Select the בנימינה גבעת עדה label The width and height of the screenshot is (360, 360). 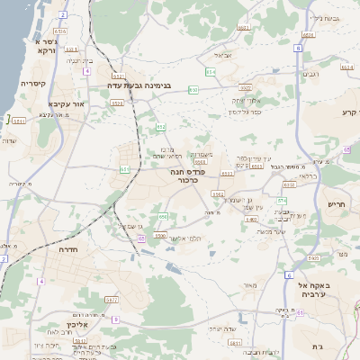click(x=152, y=87)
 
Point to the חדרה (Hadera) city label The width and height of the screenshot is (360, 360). click(x=65, y=249)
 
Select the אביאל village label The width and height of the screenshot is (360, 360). click(x=223, y=55)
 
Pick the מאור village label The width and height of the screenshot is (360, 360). click(x=249, y=285)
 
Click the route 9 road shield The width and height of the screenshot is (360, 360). click(x=115, y=318)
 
